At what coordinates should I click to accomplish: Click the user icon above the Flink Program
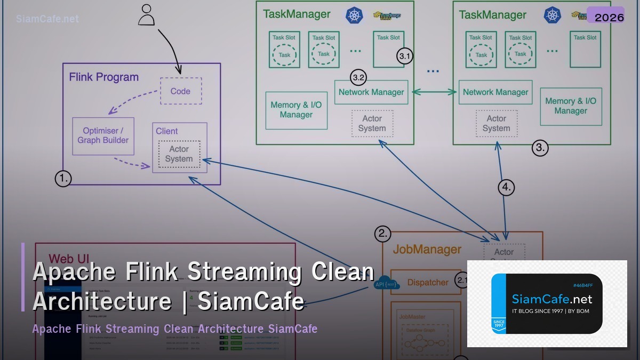[x=146, y=15]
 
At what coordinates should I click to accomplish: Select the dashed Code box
[x=181, y=91]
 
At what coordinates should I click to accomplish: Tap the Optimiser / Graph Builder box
[x=103, y=135]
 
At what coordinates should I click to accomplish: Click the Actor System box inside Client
[x=179, y=154]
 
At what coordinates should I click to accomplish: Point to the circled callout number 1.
[x=63, y=178]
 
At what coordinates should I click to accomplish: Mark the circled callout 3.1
[x=405, y=56]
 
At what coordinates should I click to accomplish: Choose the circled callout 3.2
[x=358, y=77]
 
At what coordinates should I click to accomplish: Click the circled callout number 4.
[x=506, y=187]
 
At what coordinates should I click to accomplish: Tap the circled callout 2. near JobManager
[x=382, y=234]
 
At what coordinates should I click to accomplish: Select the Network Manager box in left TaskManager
[x=371, y=92]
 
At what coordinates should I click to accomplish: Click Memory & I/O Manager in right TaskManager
[x=570, y=106]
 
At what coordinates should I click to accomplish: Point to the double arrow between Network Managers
[x=434, y=92]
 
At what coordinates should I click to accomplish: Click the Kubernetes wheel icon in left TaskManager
[x=354, y=15]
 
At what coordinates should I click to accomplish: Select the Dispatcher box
[x=427, y=282]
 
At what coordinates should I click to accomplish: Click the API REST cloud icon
[x=387, y=284]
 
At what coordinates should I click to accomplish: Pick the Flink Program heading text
[x=103, y=77]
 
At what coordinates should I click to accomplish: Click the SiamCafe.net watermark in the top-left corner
[x=47, y=19]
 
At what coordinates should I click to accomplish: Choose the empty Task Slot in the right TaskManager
[x=585, y=49]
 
